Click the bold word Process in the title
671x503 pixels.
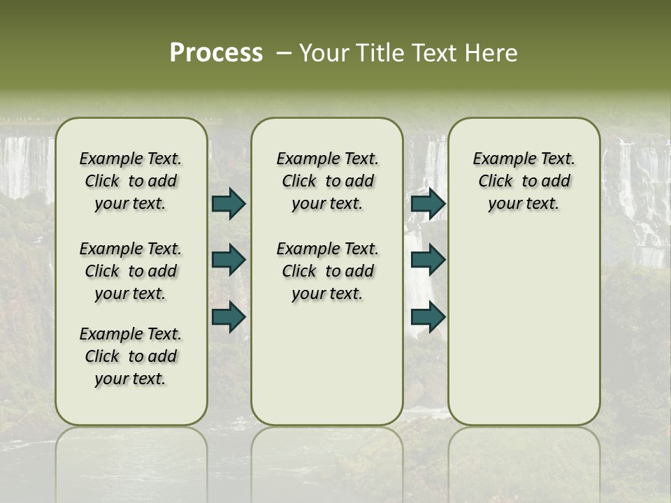click(x=216, y=53)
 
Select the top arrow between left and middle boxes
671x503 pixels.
click(x=229, y=203)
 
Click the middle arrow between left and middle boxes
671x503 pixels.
click(x=229, y=260)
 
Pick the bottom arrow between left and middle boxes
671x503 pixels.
click(x=229, y=316)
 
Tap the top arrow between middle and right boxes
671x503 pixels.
click(x=428, y=203)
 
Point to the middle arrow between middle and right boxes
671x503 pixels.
click(x=428, y=260)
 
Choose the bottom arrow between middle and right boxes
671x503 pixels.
click(x=428, y=316)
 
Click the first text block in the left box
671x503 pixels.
click(x=131, y=181)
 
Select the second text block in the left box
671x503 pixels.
click(x=131, y=271)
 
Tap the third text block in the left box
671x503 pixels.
click(x=131, y=356)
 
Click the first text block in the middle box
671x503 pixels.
click(x=327, y=181)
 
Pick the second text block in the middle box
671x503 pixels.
click(x=327, y=271)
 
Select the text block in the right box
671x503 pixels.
click(x=524, y=181)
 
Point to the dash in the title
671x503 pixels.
click(x=283, y=53)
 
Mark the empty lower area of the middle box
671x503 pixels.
click(x=327, y=363)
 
